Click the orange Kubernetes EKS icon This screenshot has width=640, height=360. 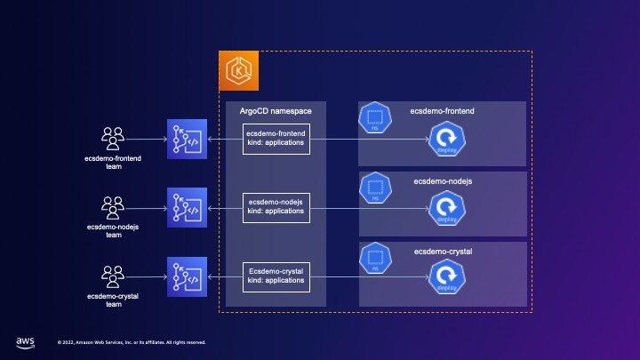pos(238,69)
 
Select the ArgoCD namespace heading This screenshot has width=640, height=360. pos(276,111)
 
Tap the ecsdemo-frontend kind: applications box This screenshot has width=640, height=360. pos(276,140)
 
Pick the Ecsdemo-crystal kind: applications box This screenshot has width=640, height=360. pos(276,276)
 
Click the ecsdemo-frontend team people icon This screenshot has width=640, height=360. pos(113,138)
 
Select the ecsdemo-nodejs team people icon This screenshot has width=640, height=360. pos(113,207)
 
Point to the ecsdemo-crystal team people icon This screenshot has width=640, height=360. pos(113,276)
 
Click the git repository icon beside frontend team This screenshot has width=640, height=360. pos(187,140)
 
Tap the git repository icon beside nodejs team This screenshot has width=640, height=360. pos(187,208)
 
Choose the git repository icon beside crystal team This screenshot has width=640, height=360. pos(187,276)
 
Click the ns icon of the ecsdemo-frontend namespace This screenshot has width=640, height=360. pos(375,116)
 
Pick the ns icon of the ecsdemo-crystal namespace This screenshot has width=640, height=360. pos(375,258)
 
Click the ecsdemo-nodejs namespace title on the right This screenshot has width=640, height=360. pos(442,181)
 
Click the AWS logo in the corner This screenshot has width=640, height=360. pos(25,341)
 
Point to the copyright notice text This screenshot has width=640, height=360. pos(132,341)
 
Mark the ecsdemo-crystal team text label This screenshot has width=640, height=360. pos(113,299)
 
